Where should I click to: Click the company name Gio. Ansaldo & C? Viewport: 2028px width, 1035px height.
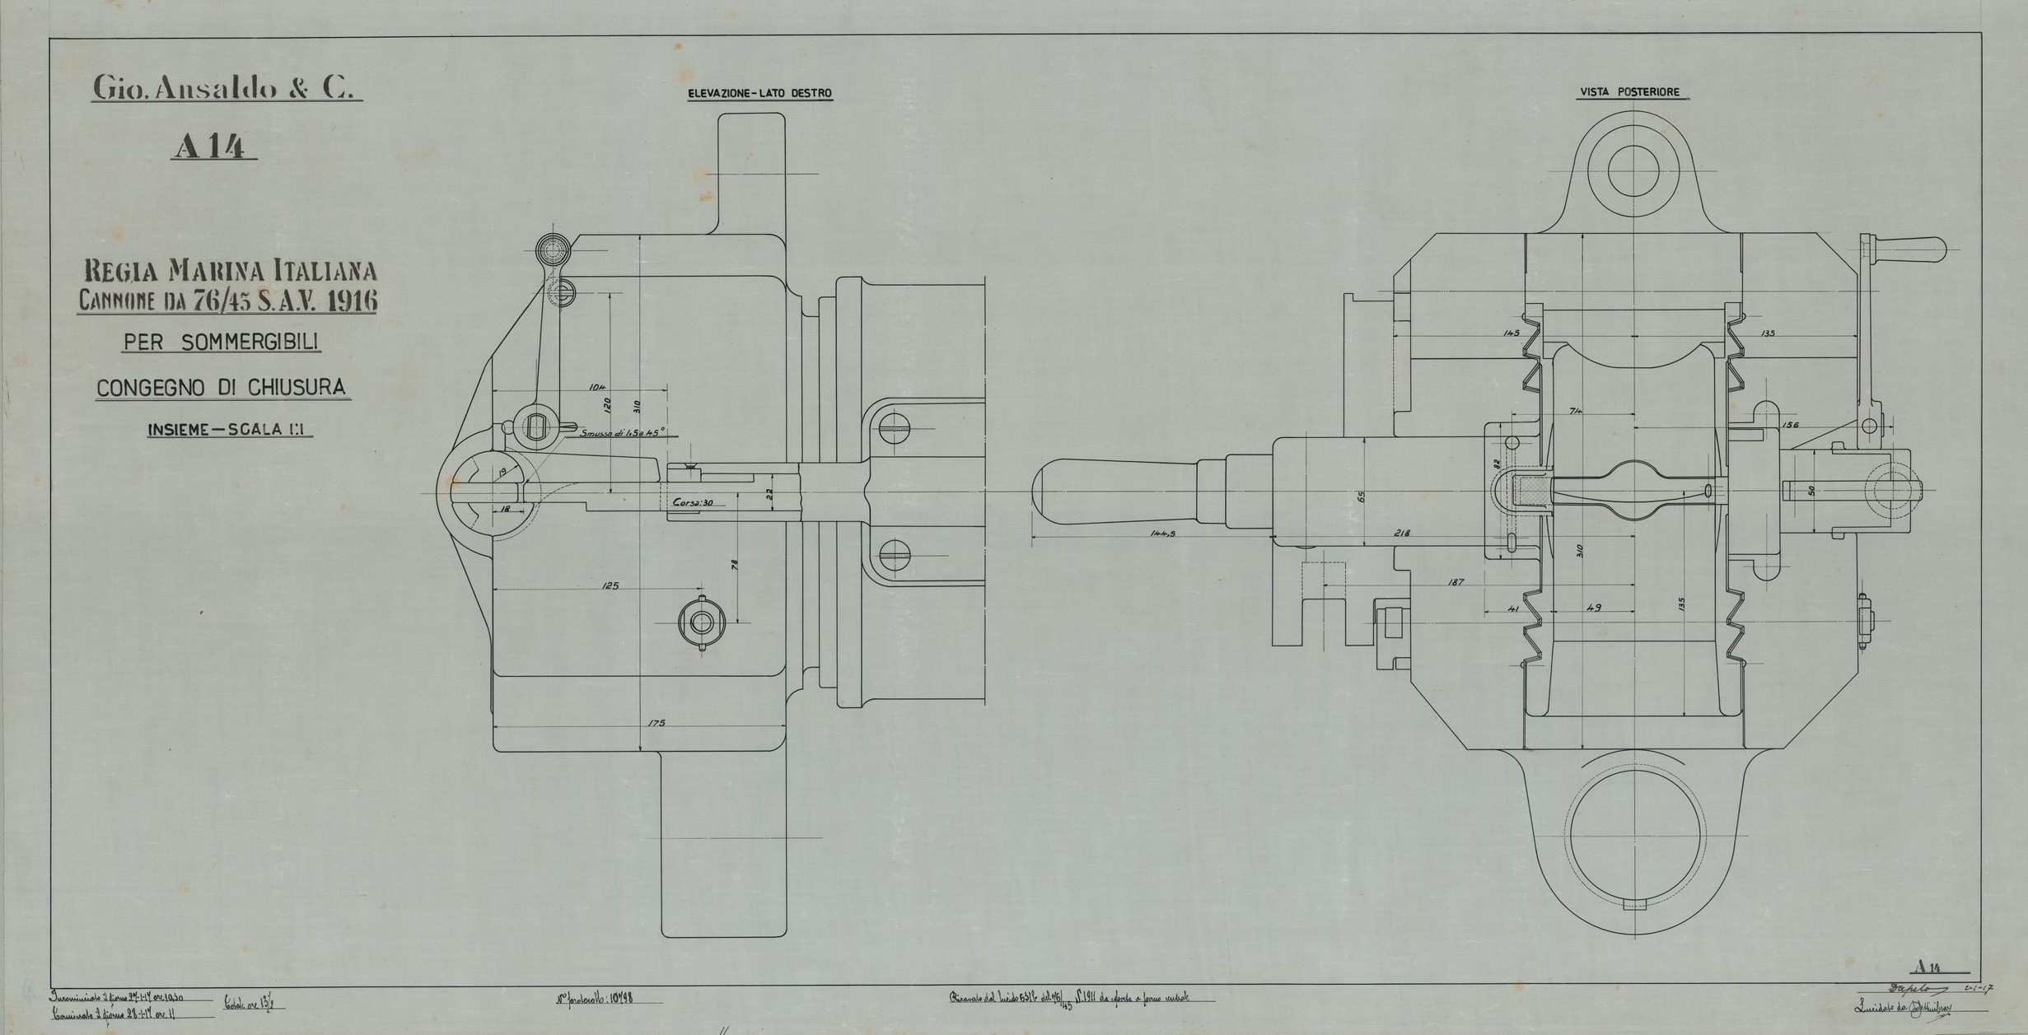[227, 88]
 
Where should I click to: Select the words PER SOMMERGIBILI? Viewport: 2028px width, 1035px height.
[222, 342]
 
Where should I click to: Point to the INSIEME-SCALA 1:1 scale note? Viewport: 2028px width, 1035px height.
[230, 429]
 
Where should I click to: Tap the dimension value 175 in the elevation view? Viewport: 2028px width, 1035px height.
[656, 723]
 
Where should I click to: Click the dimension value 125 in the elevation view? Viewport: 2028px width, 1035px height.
[610, 586]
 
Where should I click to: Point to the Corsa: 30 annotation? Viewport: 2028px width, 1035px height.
[692, 502]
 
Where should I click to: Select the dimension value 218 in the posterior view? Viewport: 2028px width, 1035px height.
[1402, 533]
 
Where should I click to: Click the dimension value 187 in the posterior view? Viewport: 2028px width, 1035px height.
[1455, 582]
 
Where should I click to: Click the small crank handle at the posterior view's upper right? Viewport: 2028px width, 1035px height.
[1910, 246]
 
